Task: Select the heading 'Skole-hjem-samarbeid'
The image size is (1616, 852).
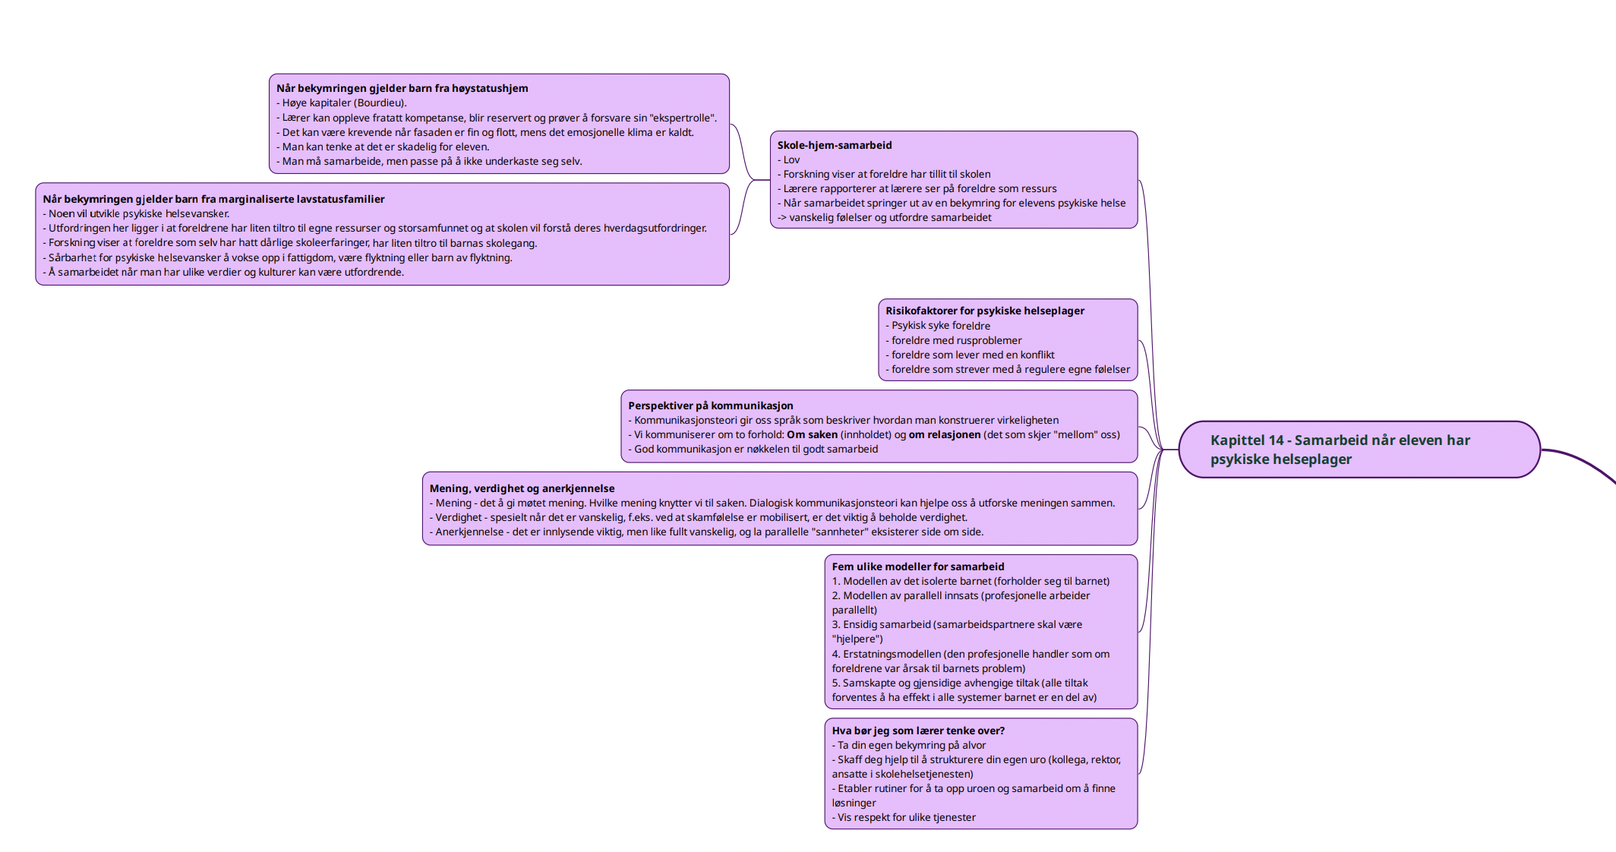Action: (835, 145)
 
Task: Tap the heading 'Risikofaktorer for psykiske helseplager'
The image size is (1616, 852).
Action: (985, 311)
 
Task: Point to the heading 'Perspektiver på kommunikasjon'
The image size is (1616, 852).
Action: (711, 405)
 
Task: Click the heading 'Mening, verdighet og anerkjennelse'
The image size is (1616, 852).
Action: (522, 488)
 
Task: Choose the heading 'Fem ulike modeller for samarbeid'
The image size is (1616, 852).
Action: (918, 566)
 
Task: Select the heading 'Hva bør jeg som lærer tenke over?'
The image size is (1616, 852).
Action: (918, 731)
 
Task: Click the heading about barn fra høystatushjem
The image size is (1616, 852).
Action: (402, 88)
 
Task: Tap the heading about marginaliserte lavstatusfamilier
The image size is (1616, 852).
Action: (214, 199)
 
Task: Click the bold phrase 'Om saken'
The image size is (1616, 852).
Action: (812, 434)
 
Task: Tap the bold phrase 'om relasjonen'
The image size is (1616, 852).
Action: (945, 434)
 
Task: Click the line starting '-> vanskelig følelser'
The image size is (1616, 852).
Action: (885, 217)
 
